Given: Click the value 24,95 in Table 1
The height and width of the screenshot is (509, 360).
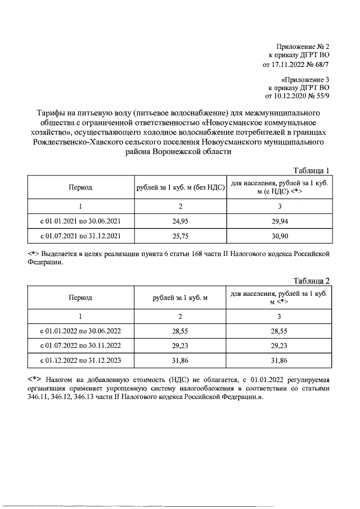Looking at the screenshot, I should (179, 222).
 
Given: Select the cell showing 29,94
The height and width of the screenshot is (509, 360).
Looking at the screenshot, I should (280, 222).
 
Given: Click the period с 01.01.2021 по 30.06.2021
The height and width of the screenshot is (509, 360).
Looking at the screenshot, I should (80, 222).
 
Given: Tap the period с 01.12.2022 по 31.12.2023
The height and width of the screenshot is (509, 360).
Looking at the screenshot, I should (80, 360).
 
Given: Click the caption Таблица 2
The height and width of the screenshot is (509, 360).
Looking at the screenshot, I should (312, 281).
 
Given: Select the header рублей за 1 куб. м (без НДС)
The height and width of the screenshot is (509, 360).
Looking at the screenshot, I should (179, 187).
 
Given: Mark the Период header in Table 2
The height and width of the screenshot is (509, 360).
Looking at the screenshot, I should (80, 298).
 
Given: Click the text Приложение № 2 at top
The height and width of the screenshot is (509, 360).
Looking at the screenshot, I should (303, 46).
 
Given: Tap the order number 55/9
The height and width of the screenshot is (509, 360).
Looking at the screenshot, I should (322, 96).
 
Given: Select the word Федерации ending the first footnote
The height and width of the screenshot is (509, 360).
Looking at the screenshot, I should (51, 261).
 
